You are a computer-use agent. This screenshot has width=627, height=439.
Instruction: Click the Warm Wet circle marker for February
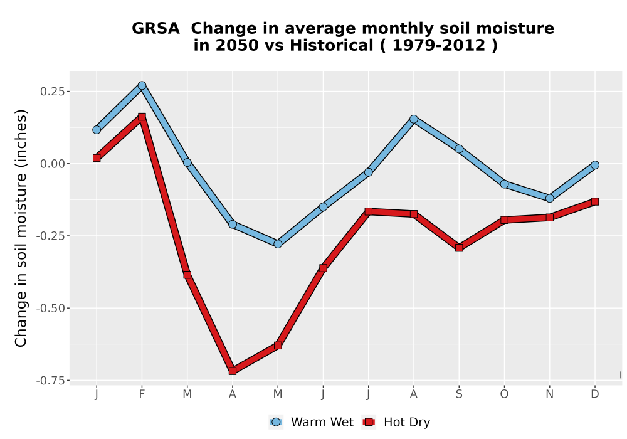coord(142,85)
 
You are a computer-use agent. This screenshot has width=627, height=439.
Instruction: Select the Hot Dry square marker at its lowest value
coord(233,371)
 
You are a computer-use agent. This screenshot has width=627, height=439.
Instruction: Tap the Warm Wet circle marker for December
coord(594,165)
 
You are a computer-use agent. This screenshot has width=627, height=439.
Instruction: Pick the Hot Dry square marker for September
coord(459,248)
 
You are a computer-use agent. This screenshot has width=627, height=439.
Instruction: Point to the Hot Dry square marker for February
coord(142,117)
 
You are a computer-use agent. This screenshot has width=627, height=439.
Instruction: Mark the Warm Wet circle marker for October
coord(504,184)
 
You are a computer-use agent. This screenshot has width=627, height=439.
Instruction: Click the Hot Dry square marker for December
coord(594,201)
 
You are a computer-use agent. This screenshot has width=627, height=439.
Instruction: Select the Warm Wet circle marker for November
coord(549,198)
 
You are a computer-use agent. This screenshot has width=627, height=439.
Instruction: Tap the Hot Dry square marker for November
coord(549,217)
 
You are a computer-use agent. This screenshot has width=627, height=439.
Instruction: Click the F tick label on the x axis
coord(142,394)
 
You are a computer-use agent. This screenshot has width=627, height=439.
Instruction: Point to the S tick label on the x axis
coord(459,394)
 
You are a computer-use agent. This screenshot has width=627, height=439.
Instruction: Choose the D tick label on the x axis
coord(594,394)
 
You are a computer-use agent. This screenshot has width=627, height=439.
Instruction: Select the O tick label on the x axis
coord(504,394)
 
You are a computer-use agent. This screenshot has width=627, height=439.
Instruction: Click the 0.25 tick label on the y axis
coord(53,92)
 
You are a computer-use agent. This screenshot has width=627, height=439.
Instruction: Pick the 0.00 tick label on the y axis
coord(53,164)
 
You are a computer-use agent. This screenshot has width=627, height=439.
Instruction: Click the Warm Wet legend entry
coord(311,422)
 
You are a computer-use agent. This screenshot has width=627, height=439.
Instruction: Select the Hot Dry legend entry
coord(396,422)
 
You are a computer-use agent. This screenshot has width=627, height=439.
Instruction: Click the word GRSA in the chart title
coord(155,28)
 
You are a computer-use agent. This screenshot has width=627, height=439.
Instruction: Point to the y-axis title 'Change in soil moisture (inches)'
coord(21,228)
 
